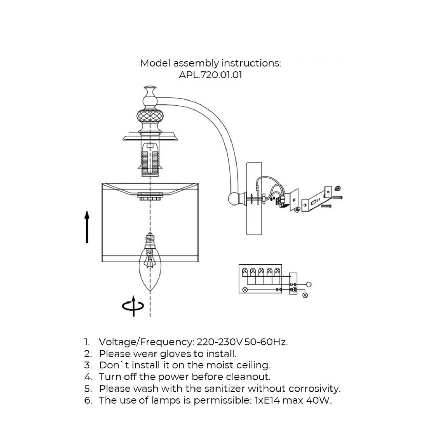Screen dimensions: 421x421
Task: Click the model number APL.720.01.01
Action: (210, 75)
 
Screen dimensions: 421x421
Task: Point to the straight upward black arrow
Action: (87, 227)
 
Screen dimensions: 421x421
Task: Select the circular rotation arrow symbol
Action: (133, 306)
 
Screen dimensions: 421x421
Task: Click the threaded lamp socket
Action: (150, 163)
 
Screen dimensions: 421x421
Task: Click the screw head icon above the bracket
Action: (338, 188)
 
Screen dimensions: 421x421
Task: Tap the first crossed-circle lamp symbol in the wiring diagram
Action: (245, 271)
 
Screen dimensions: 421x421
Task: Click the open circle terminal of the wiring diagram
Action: (309, 284)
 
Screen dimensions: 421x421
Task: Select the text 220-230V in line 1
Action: (219, 342)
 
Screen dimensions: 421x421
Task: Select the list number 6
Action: (88, 400)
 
